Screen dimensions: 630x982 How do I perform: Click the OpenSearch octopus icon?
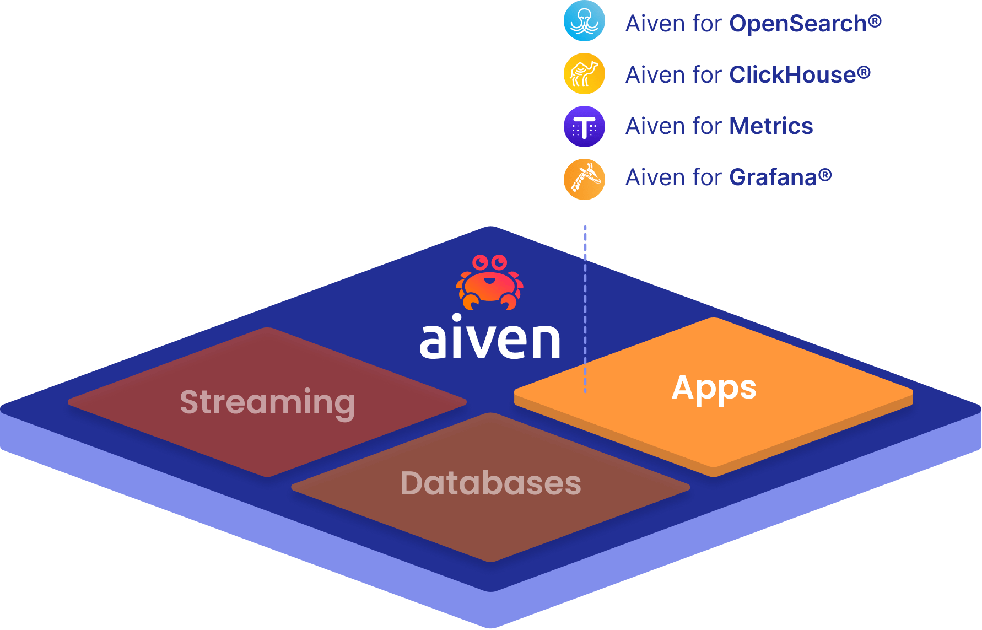coord(584,21)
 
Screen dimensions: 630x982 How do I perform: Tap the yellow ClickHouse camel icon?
coord(584,73)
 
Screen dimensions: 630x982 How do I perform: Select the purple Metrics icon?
coord(584,126)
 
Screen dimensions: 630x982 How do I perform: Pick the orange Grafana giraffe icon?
coord(584,179)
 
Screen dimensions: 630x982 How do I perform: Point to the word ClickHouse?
coord(792,75)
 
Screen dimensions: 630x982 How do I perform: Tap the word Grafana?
coord(773,177)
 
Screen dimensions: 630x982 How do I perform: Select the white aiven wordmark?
coord(490,337)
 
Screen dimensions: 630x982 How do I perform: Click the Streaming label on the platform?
coord(267,402)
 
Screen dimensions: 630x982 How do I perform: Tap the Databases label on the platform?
coord(490,483)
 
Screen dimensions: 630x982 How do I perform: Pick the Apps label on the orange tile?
coord(714,388)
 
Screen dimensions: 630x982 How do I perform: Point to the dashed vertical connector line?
coord(585,309)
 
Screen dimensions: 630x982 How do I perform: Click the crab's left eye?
coord(481,261)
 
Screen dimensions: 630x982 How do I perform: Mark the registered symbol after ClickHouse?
coord(864,72)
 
